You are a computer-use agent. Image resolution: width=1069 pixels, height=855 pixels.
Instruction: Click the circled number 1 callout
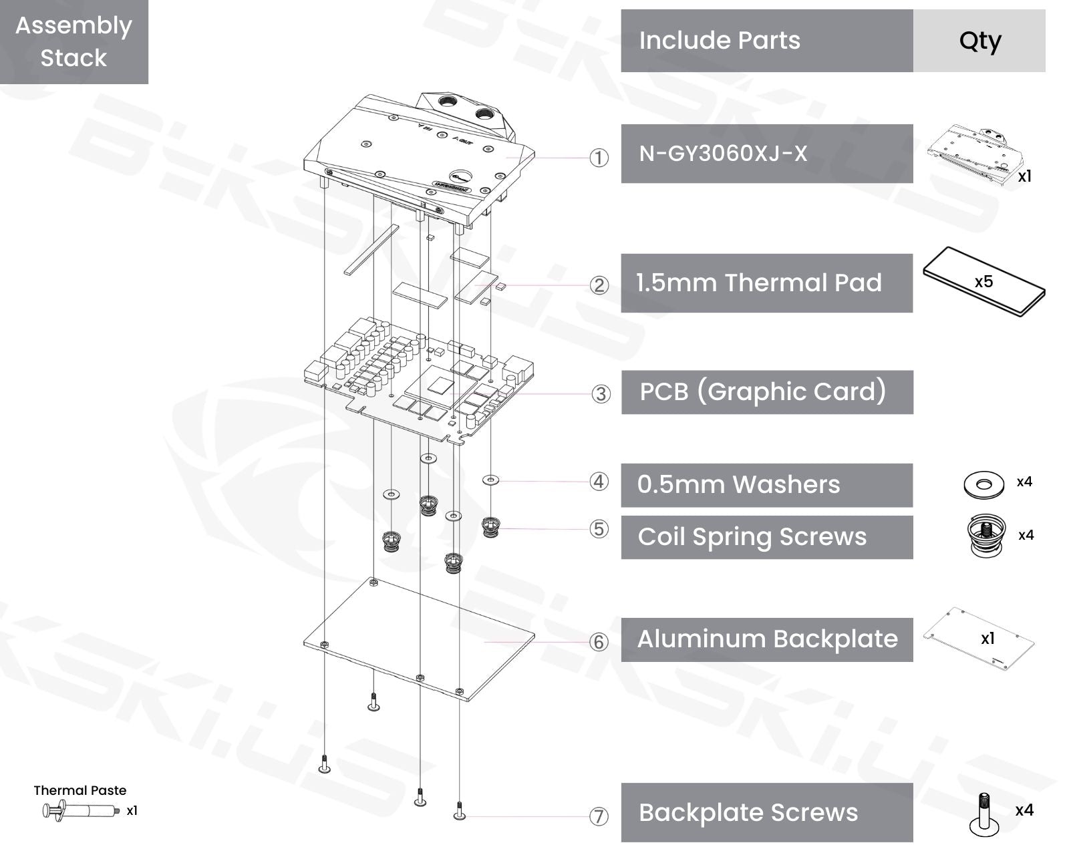[599, 158]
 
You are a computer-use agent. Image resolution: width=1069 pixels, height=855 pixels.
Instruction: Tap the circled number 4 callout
[599, 482]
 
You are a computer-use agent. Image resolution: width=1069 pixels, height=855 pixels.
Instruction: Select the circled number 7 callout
[599, 816]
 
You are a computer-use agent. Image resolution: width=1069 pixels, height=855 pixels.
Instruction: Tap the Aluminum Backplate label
[766, 639]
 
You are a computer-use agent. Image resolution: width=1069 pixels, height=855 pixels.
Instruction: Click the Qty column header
[979, 41]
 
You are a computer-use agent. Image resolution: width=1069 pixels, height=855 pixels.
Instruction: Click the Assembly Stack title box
[73, 41]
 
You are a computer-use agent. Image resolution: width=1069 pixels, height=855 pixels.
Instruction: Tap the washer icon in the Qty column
[983, 484]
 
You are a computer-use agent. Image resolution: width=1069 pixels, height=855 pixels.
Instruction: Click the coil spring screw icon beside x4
[985, 535]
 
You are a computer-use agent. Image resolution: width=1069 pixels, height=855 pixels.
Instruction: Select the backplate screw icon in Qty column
[983, 814]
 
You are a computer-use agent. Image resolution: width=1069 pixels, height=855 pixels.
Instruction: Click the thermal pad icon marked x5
[983, 282]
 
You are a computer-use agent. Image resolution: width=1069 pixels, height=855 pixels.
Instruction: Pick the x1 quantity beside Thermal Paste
[132, 810]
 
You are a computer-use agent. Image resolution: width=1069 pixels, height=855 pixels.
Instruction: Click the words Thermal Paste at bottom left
[80, 790]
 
